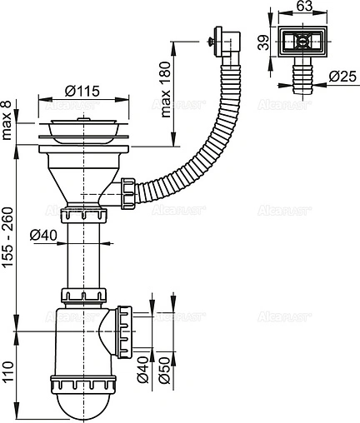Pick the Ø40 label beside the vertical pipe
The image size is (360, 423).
point(44,236)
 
